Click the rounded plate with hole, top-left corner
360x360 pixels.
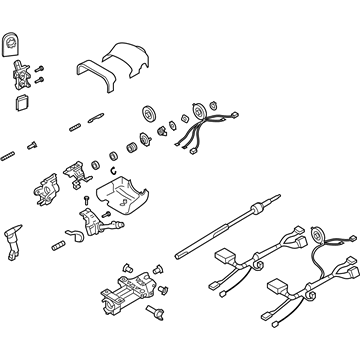pyautogui.click(x=13, y=44)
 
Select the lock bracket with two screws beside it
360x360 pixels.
pyautogui.click(x=22, y=73)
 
